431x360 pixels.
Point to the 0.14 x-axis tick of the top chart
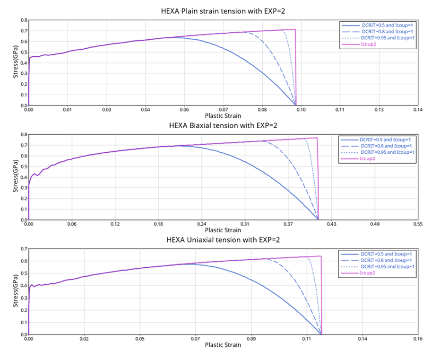[417, 109]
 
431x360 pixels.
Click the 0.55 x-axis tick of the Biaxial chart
[417, 224]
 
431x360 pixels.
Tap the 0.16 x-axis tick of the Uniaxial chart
[417, 339]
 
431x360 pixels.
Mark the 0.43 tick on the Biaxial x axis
[331, 224]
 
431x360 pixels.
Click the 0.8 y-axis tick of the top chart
[22, 20]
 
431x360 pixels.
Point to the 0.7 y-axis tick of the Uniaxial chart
[22, 248]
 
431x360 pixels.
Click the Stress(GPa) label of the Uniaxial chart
[16, 291]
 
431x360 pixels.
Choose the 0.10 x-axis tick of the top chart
[301, 109]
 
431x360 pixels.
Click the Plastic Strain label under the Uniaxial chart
[223, 345]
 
